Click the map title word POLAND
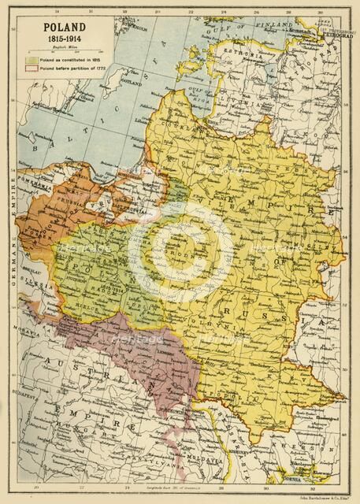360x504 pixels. (55, 26)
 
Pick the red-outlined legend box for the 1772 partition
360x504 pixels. (32, 68)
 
